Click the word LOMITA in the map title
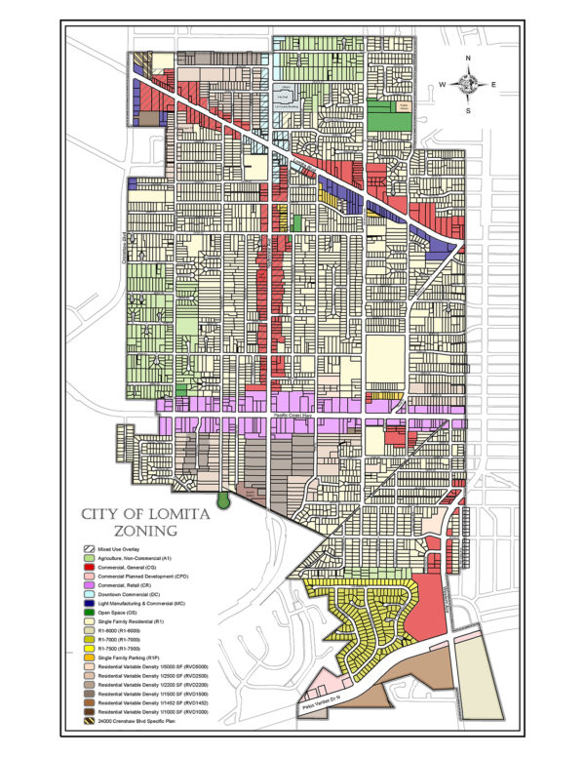tap(168, 516)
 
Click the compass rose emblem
tap(469, 85)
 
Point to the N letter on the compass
tap(469, 60)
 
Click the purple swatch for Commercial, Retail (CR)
tap(89, 584)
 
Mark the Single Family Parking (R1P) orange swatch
tap(89, 657)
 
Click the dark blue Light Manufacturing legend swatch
tap(89, 603)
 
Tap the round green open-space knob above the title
tap(224, 499)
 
